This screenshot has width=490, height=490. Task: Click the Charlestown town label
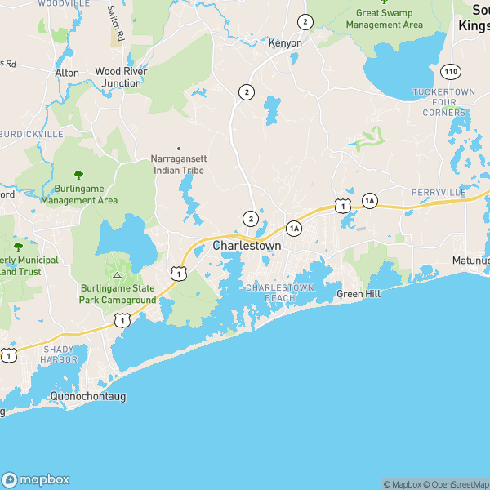(247, 245)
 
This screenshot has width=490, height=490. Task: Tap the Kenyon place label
(286, 43)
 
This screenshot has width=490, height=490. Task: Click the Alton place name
(67, 73)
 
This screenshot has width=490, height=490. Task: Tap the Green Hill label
(359, 294)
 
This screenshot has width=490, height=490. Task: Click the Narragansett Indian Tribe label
(177, 165)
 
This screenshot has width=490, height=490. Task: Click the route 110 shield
(452, 73)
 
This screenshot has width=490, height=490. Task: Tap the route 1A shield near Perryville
(369, 200)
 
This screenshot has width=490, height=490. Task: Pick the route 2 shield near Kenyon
(305, 21)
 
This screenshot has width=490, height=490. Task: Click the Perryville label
(438, 193)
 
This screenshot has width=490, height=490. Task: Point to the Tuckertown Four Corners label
(439, 102)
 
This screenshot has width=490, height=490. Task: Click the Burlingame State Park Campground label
(118, 294)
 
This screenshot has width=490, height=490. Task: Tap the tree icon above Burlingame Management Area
(78, 175)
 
